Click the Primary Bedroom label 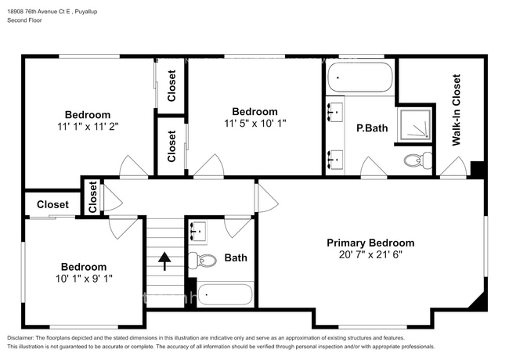click(x=370, y=243)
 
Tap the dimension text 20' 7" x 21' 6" click(x=370, y=254)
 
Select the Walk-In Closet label click(x=456, y=110)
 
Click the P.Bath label click(x=372, y=128)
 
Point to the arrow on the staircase click(x=164, y=261)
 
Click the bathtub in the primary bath click(x=360, y=77)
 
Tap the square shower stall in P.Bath click(x=415, y=125)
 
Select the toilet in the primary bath click(x=418, y=160)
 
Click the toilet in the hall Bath click(x=203, y=260)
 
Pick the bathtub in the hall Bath click(x=225, y=294)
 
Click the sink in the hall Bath click(x=198, y=231)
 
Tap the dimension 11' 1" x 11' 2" click(x=88, y=127)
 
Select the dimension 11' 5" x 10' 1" click(x=255, y=124)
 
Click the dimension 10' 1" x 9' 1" click(x=84, y=279)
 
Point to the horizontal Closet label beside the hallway click(x=52, y=204)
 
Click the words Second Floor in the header click(x=24, y=20)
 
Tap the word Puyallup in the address click(x=86, y=12)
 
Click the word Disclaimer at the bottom click(x=20, y=338)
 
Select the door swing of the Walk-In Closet click(x=453, y=167)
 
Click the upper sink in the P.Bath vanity click(x=334, y=112)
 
